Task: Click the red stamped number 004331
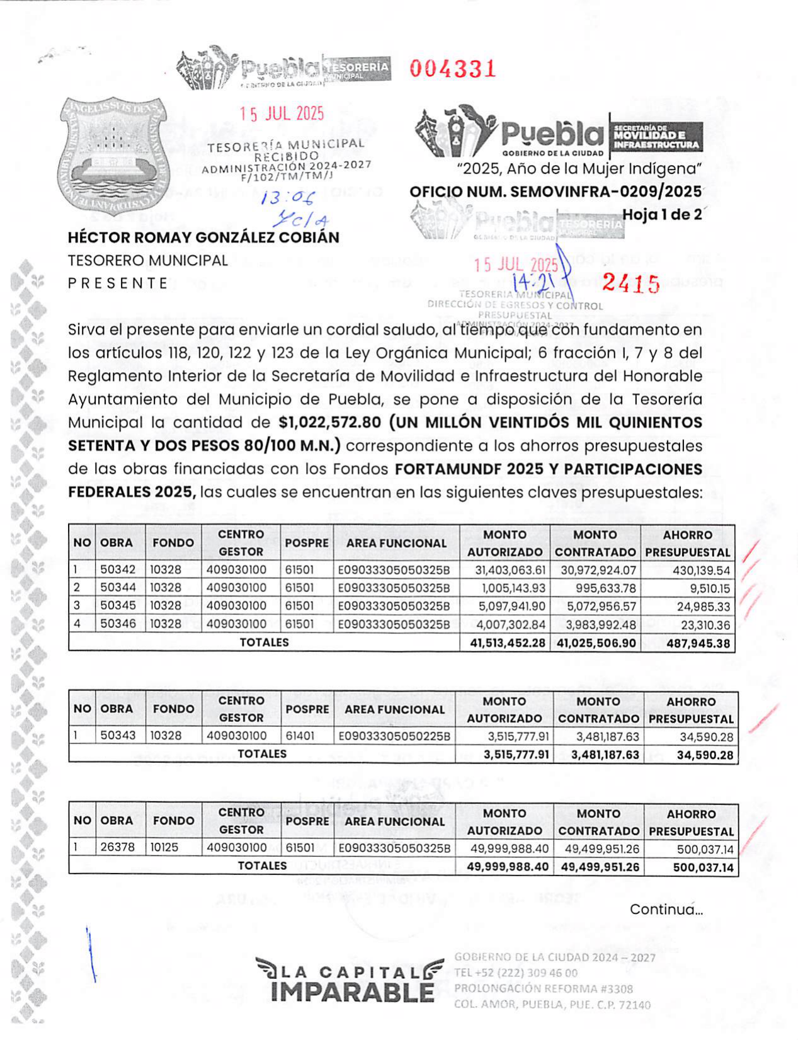453,69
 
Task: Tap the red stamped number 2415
630,284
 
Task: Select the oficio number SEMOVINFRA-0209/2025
556,191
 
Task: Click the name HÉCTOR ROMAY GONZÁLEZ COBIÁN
203,237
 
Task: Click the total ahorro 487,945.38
698,643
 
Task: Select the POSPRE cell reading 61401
300,736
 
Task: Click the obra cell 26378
118,848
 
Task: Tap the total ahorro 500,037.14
703,867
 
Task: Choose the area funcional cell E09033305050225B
394,736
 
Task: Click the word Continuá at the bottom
666,910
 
